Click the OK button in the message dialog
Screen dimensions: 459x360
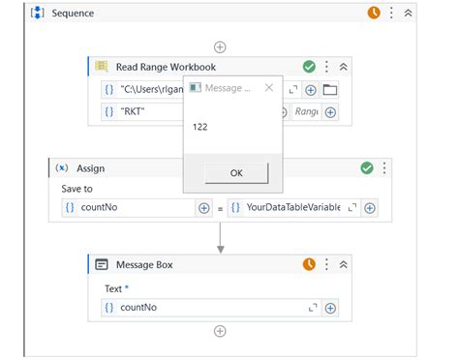236,173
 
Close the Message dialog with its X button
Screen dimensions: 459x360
269,88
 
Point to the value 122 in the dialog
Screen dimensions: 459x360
200,127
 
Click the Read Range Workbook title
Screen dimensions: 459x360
166,67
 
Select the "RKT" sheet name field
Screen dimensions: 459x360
145,112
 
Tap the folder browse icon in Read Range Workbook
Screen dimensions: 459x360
330,90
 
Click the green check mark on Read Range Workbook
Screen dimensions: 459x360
309,67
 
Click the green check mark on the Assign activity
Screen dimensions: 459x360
367,167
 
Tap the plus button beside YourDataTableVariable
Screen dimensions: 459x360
370,207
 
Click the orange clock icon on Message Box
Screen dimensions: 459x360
309,263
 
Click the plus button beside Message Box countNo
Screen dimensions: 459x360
330,308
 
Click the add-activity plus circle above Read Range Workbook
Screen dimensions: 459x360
220,46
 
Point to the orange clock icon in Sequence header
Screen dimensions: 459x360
374,13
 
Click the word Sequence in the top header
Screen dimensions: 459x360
72,14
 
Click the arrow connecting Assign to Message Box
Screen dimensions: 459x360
221,238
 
